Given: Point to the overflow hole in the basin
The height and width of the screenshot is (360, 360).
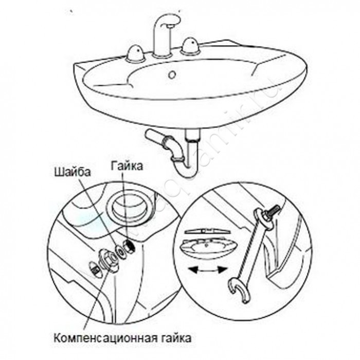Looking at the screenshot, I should (172, 75).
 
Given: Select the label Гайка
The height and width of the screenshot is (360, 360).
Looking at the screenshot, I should (125, 166).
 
